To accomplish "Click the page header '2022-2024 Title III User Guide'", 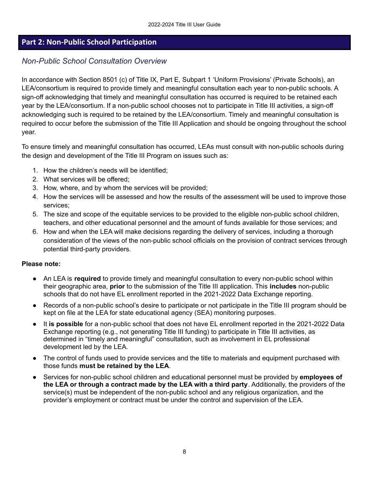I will pyautogui.click(x=184, y=24).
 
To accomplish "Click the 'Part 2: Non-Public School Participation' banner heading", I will pyautogui.click(x=89, y=42).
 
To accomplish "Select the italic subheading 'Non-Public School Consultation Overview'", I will pyautogui.click(x=94, y=61).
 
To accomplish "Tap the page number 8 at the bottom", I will pyautogui.click(x=184, y=452).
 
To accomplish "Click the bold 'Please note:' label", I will pyautogui.click(x=41, y=264).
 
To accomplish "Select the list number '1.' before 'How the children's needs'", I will pyautogui.click(x=35, y=170).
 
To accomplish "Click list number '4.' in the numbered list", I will pyautogui.click(x=35, y=197).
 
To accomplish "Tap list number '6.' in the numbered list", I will pyautogui.click(x=35, y=232).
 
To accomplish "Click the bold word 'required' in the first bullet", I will pyautogui.click(x=87, y=278).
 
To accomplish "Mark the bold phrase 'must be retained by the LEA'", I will pyautogui.click(x=124, y=366).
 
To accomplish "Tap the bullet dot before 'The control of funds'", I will pyautogui.click(x=35, y=358).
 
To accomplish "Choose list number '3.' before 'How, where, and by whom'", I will pyautogui.click(x=35, y=188).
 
